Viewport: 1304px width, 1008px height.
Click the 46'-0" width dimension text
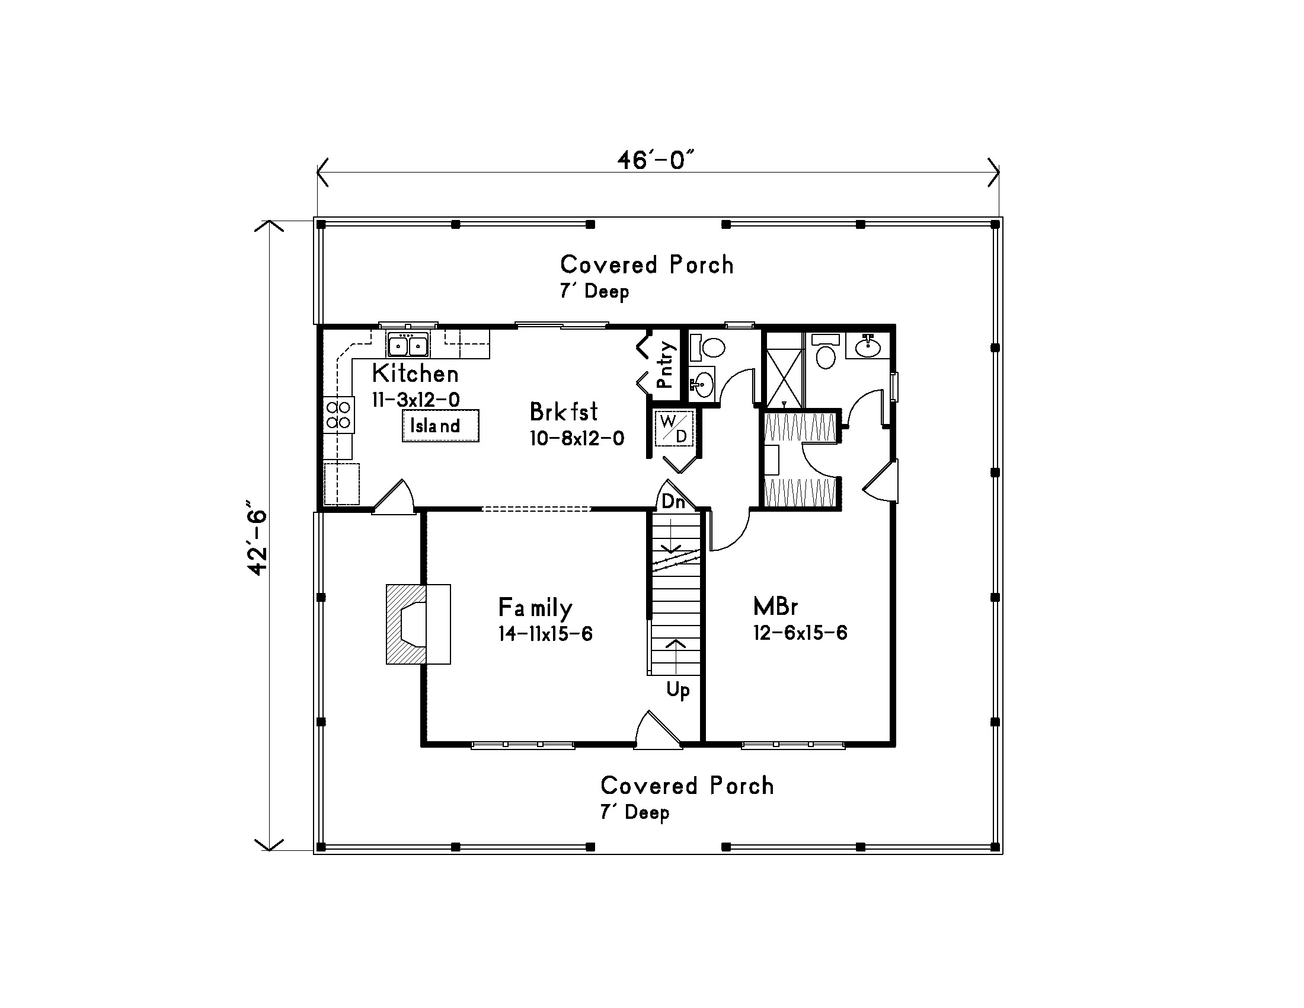tap(656, 160)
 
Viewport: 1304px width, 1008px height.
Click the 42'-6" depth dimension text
tap(257, 542)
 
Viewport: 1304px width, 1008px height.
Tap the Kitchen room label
tap(415, 374)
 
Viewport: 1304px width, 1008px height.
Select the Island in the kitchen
tap(440, 426)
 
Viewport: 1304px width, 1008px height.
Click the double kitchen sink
tap(408, 345)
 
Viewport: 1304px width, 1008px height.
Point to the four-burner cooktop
tap(338, 415)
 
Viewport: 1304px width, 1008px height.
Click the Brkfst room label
tap(564, 412)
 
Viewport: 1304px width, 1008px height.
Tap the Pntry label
tap(664, 365)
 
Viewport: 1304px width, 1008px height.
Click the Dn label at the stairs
tap(673, 501)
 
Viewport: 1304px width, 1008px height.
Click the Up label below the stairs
tap(677, 690)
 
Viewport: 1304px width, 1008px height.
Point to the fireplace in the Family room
tap(418, 624)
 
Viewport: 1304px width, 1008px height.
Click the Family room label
tap(535, 608)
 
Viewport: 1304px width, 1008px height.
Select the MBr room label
tap(775, 607)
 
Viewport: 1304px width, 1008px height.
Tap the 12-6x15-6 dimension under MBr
tap(800, 633)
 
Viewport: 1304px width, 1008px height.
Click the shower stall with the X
tap(784, 370)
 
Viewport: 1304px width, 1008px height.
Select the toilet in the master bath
tap(826, 352)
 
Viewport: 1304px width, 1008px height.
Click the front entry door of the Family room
tap(657, 729)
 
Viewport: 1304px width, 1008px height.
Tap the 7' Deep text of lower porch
tap(635, 812)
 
